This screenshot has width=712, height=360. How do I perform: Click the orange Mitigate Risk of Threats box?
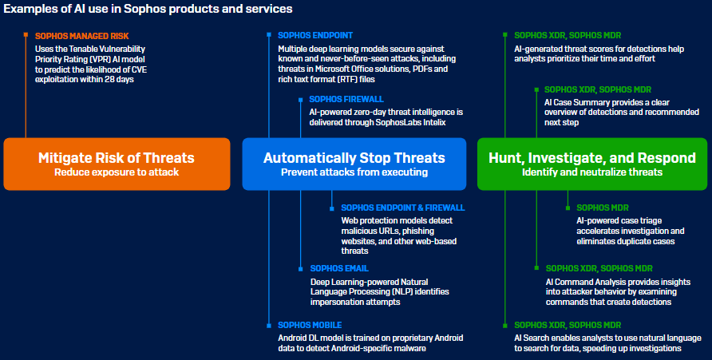tap(117, 164)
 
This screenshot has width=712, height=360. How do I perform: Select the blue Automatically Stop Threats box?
tap(354, 164)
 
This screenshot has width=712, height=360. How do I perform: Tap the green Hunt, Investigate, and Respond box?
tap(592, 164)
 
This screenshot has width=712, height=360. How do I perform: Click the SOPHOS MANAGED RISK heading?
tap(81, 36)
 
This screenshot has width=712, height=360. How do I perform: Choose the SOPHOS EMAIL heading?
tap(339, 268)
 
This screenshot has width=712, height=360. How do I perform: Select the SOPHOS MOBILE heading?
tap(310, 325)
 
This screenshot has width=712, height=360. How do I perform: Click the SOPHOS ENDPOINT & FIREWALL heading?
tap(403, 208)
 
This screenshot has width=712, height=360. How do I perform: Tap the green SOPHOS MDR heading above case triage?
tap(603, 208)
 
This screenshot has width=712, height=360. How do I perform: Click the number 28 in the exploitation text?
tap(109, 80)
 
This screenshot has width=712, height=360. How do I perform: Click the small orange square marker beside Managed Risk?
tap(26, 34)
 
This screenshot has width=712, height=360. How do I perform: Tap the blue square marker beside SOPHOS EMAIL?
tap(300, 269)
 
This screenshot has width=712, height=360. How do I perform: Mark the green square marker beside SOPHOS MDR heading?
tap(568, 208)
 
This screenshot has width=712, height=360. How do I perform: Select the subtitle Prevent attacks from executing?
tap(354, 172)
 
